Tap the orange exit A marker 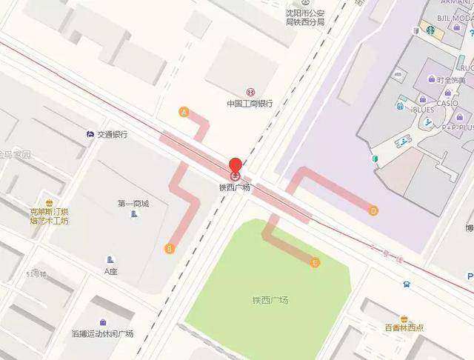point(184,112)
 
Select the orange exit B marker point(170,248)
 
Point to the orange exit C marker point(315,262)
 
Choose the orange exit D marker point(373,210)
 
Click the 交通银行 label point(111,135)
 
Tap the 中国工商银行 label point(250,104)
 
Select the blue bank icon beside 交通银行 point(90,134)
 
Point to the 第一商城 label point(133,203)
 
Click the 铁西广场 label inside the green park point(270,300)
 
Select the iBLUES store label point(423,110)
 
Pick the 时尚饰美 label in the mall point(451,80)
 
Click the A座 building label point(111,271)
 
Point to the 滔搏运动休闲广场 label point(102,333)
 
